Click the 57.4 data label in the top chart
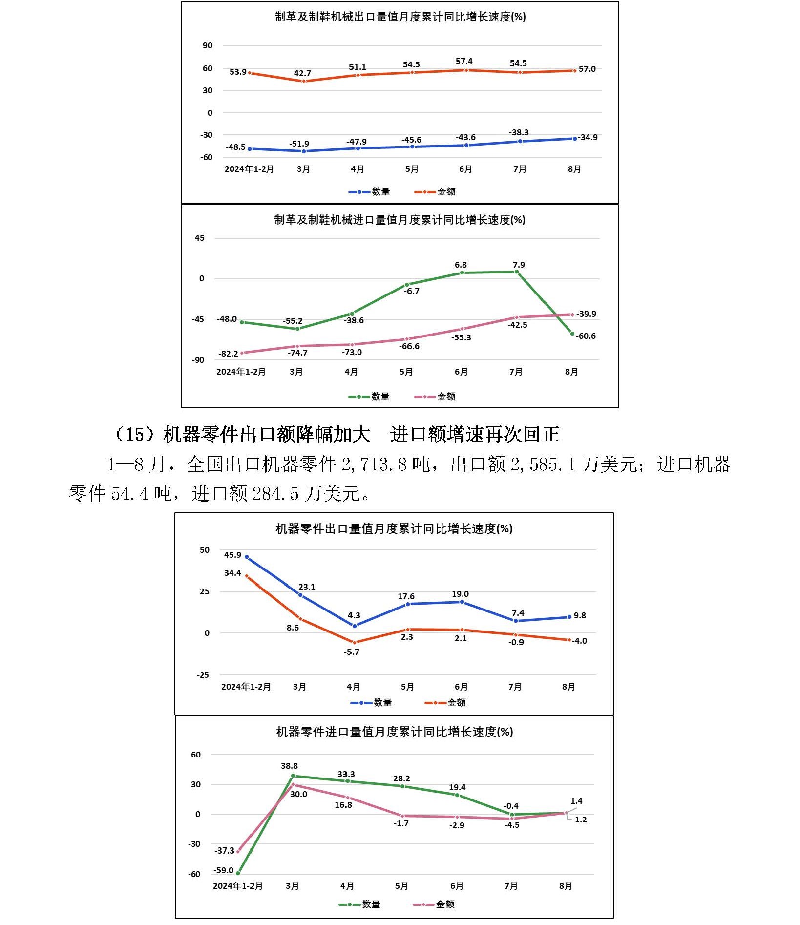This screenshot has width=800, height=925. click(463, 62)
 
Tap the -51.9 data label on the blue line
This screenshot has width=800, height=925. click(299, 144)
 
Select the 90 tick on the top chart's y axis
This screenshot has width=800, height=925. click(208, 45)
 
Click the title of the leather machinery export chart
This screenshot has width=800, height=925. click(400, 17)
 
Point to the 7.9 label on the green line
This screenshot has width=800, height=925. click(519, 265)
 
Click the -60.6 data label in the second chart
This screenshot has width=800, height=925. click(586, 336)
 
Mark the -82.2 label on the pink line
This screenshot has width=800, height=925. click(228, 354)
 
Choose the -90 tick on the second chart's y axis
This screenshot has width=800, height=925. click(198, 360)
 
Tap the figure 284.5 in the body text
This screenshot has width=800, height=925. click(275, 494)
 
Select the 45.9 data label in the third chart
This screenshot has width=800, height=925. click(232, 555)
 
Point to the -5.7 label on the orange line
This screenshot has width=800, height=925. click(351, 652)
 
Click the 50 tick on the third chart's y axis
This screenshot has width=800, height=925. click(205, 550)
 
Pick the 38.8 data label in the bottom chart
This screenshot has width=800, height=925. click(289, 766)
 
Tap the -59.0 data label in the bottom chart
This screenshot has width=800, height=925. click(223, 870)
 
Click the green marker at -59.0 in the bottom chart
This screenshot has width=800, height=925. click(238, 873)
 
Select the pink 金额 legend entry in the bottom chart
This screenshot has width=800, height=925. click(434, 904)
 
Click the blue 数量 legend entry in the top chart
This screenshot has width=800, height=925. click(369, 192)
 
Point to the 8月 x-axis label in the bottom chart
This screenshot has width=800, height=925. click(566, 886)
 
